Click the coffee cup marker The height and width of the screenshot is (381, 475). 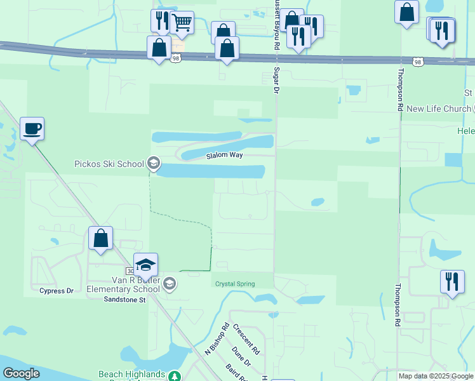pyautogui.click(x=32, y=129)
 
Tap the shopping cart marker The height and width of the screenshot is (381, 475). pyautogui.click(x=182, y=23)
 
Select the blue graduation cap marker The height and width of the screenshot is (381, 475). pyautogui.click(x=145, y=265)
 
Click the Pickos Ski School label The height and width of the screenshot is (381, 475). pyautogui.click(x=109, y=164)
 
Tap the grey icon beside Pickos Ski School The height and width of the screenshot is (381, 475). pyautogui.click(x=152, y=164)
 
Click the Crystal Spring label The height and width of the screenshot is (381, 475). pyautogui.click(x=234, y=284)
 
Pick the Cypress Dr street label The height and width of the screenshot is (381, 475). pyautogui.click(x=57, y=291)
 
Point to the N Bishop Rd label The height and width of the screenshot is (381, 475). pyautogui.click(x=217, y=339)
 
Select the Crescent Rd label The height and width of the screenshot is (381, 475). pyautogui.click(x=246, y=340)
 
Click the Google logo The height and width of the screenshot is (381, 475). pyautogui.click(x=21, y=373)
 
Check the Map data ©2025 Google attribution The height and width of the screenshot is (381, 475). pyautogui.click(x=435, y=376)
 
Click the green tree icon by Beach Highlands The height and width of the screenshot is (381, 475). pyautogui.click(x=175, y=376)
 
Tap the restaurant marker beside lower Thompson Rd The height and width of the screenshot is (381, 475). pyautogui.click(x=452, y=282)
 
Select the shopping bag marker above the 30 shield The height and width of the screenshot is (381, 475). pyautogui.click(x=100, y=238)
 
